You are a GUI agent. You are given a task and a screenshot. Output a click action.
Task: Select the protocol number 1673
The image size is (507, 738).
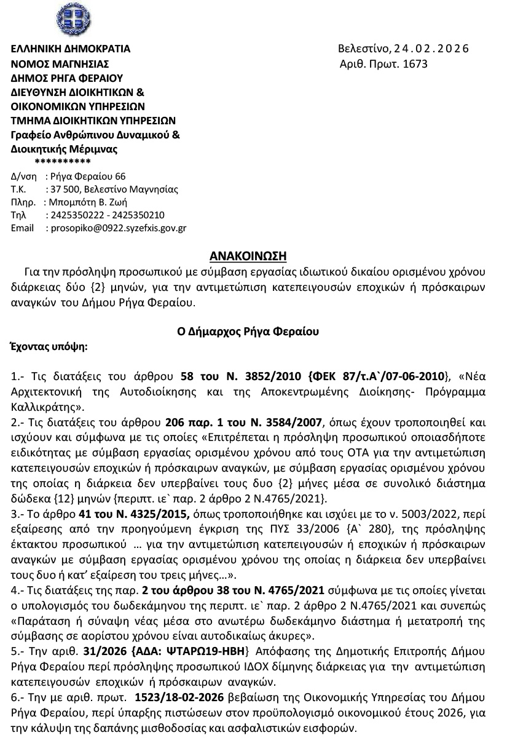[x=415, y=63]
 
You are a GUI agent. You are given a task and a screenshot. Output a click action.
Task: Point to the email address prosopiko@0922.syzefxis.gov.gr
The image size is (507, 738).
[x=116, y=228]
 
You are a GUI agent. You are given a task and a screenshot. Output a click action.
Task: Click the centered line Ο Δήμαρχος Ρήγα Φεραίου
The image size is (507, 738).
[x=253, y=332]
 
